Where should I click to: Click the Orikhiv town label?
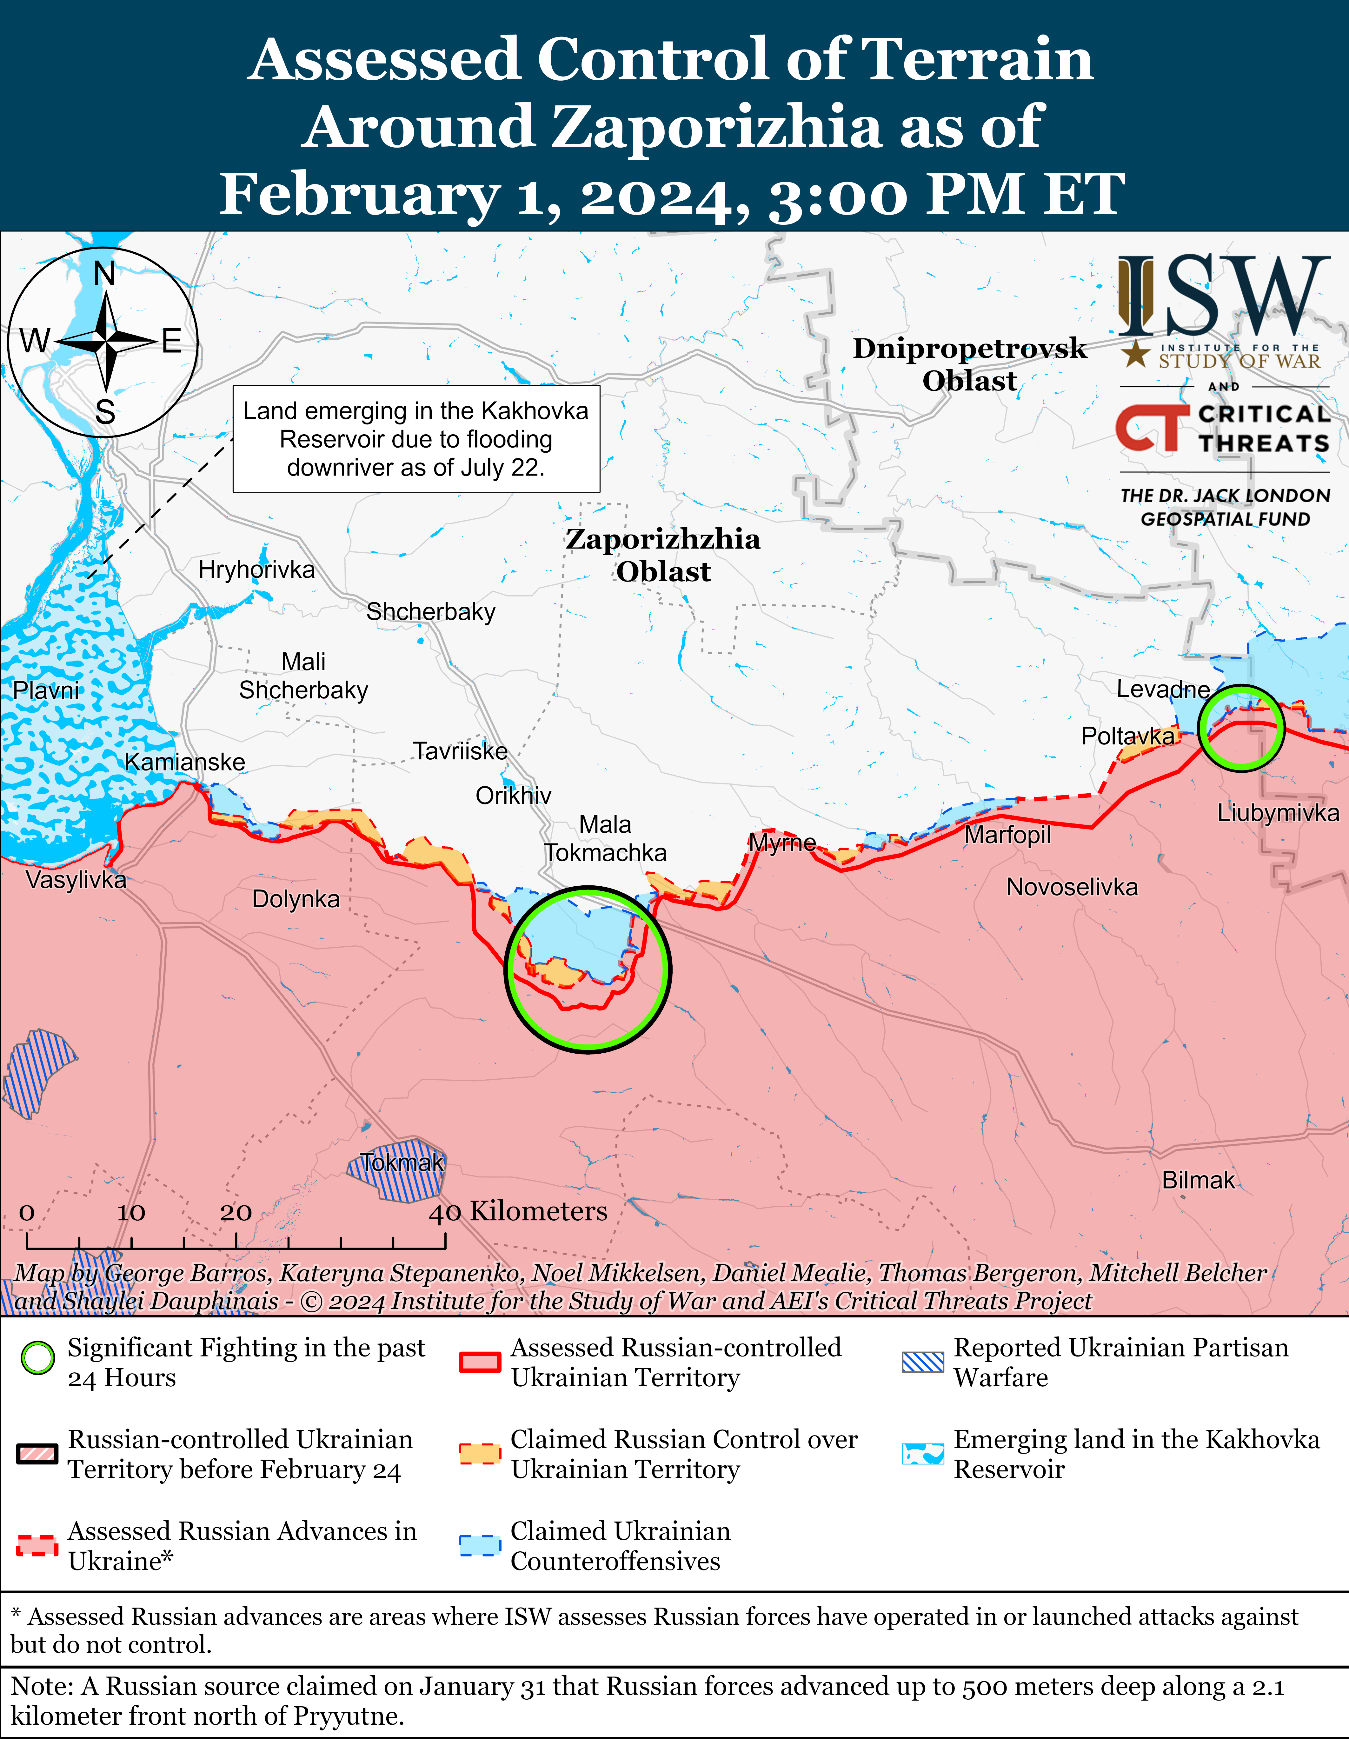coord(513,796)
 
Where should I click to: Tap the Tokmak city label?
coord(401,1163)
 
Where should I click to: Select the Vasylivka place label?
coord(76,880)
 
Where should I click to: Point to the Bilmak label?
coord(1198,1180)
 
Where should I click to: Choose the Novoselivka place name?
coord(1072,887)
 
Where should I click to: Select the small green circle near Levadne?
coord(1241,728)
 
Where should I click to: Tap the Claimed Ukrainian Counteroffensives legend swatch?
coord(480,1545)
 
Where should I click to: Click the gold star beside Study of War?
coord(1136,354)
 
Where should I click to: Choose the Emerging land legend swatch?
coord(922,1454)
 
